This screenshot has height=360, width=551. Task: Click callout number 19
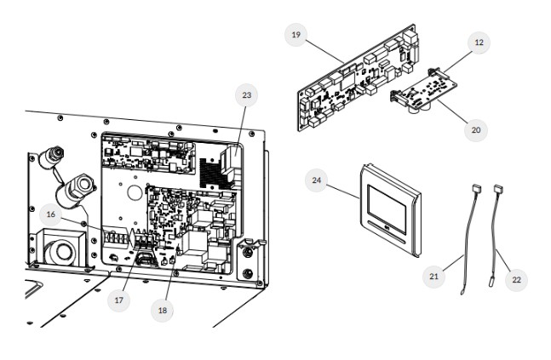point(296,35)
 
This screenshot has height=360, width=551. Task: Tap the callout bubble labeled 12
point(478,42)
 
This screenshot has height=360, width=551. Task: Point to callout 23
point(247,96)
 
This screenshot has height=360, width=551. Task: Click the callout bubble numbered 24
point(317,180)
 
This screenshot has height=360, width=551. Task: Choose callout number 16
point(51,215)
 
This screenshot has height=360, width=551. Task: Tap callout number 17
point(120,300)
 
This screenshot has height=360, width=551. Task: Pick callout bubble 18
point(163,311)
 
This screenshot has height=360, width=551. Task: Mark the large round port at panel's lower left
point(62,253)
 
